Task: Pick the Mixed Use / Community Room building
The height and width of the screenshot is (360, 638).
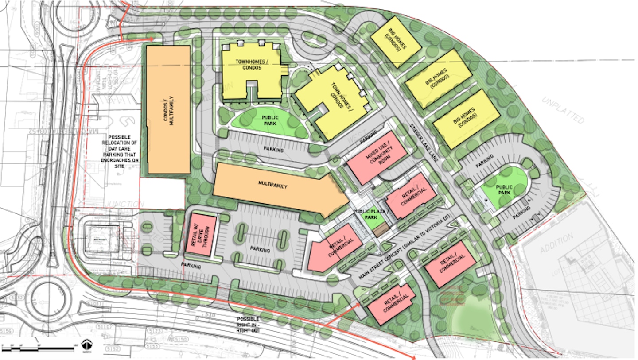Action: [x=377, y=157]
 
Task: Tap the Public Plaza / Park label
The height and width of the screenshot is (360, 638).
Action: [x=368, y=215]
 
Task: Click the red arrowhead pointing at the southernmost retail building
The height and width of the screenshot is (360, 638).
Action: [x=358, y=306]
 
